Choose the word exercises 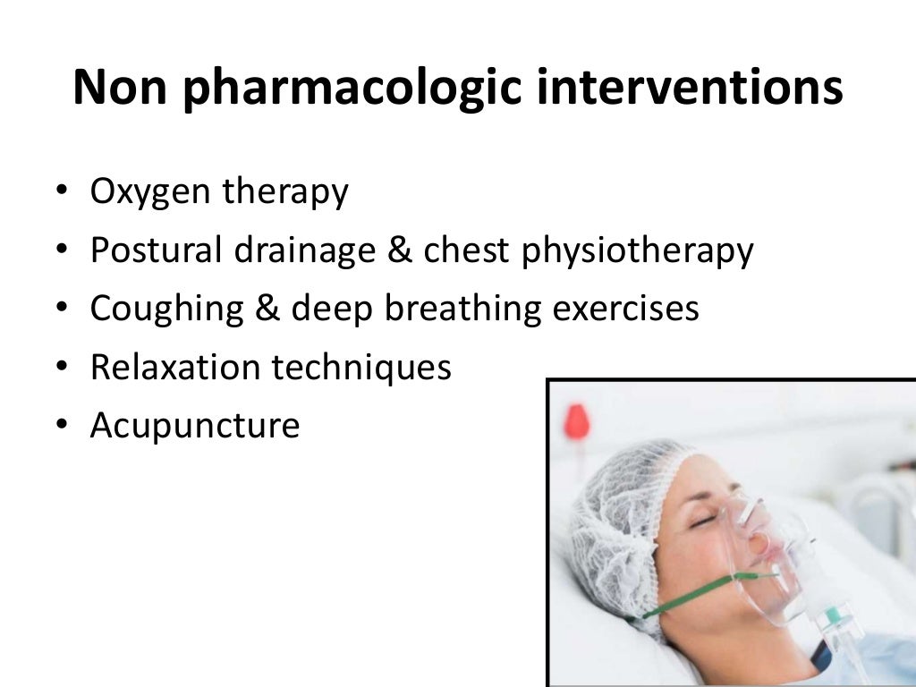coord(625,309)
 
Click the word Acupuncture coord(194,425)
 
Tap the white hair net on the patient coord(617,510)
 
